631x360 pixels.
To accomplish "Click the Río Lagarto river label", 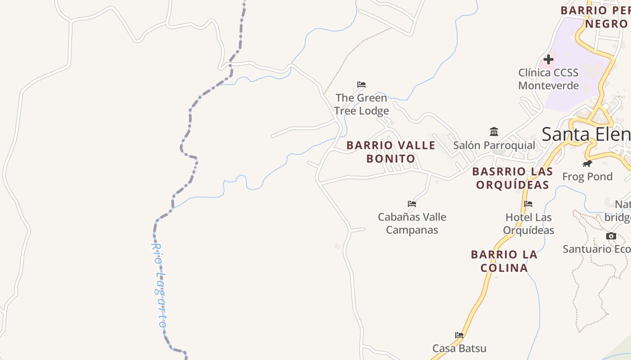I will coord(159,285).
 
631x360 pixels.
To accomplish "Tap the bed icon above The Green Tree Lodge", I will coord(361,84).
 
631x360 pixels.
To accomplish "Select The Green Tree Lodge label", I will coord(361,104).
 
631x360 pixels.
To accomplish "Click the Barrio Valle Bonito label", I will coord(391,152).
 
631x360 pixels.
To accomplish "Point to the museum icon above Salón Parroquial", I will coord(494,132).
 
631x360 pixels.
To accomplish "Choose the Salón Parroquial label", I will coord(494,145).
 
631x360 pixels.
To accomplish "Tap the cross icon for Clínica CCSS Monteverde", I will coord(549,59).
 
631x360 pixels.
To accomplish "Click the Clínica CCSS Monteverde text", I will coord(549,79).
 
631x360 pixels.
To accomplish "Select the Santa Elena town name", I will coord(586,134).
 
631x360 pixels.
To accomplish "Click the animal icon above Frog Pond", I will coord(587,163).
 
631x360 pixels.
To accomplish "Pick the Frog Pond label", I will coord(587,176).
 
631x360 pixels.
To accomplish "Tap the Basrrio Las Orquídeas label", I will coord(512,178).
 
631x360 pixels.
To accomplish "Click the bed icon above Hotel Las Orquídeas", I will coord(528,204).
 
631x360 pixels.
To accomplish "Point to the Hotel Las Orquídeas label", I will coord(528,224).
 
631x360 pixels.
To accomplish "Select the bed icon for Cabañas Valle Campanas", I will coord(412,204).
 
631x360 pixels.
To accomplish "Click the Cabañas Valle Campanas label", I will coord(412,223).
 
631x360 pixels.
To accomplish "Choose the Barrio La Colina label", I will coord(504,261).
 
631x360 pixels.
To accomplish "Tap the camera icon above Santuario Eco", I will coord(611,236).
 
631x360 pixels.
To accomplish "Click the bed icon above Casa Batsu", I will coord(459,335).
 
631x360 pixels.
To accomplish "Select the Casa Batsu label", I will coord(459,348).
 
